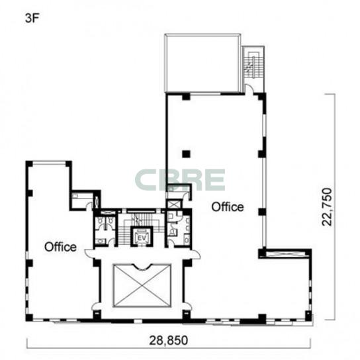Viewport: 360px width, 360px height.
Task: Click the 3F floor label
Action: [x=31, y=19]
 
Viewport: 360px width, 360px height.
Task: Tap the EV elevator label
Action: [x=142, y=238]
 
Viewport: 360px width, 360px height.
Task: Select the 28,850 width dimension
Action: [x=169, y=340]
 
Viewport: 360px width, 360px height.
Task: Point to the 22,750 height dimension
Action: [x=327, y=207]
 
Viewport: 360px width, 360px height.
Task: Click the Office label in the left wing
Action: [x=60, y=247]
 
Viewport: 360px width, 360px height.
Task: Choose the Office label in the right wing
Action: [x=228, y=207]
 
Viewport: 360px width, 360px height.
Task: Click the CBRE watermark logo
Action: [x=180, y=180]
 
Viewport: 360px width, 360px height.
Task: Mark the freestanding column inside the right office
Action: [x=186, y=154]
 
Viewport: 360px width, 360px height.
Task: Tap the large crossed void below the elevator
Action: [x=142, y=286]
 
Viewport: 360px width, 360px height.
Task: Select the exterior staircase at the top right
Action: [x=253, y=65]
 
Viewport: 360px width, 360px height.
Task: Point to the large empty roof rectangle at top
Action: [x=202, y=63]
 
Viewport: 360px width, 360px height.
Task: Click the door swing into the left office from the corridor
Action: [x=89, y=253]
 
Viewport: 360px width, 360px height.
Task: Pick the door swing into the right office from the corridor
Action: [x=196, y=254]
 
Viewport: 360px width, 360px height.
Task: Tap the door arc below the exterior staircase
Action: [x=249, y=89]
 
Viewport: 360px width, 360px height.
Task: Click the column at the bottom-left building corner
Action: [x=29, y=318]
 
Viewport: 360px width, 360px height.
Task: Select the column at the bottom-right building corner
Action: [x=308, y=316]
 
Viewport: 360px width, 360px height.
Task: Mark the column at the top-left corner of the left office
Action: [x=29, y=164]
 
